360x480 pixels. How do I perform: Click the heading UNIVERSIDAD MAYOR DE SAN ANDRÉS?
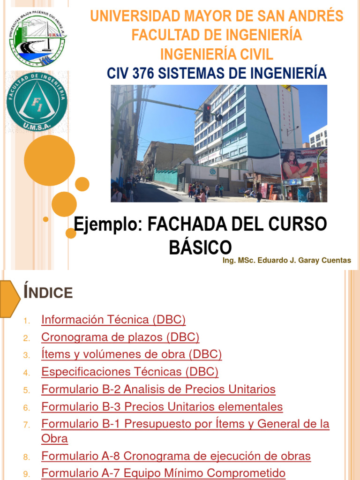217,16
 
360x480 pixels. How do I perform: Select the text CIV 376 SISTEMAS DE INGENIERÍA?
216,73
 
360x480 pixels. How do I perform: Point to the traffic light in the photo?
206,112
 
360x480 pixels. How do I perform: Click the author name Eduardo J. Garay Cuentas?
286,261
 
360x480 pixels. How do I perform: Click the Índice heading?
48,292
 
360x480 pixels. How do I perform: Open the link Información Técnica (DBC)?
113,320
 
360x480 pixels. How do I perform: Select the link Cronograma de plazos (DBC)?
120,337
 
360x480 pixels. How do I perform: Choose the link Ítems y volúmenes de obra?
132,355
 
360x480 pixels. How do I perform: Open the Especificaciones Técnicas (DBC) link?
130,372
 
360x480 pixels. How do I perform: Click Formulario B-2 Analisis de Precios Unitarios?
158,390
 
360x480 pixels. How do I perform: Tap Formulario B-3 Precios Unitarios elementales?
162,407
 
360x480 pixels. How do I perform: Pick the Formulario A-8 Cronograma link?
176,456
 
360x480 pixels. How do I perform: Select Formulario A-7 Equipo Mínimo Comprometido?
164,473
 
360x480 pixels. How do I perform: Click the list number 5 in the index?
27,390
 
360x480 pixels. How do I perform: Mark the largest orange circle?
49,160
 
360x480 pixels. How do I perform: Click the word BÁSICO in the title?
200,247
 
